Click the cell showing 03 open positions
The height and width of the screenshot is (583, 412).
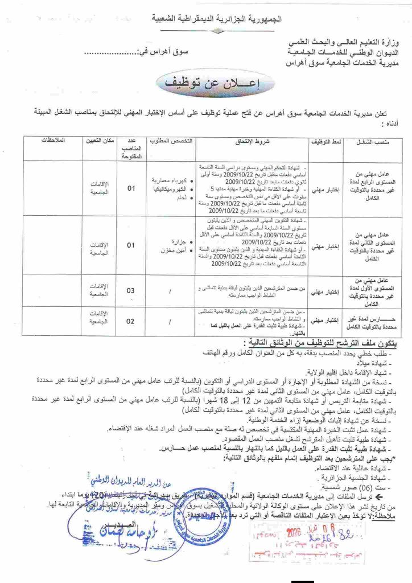point(131,291)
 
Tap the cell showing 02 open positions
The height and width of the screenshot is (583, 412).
point(131,322)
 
